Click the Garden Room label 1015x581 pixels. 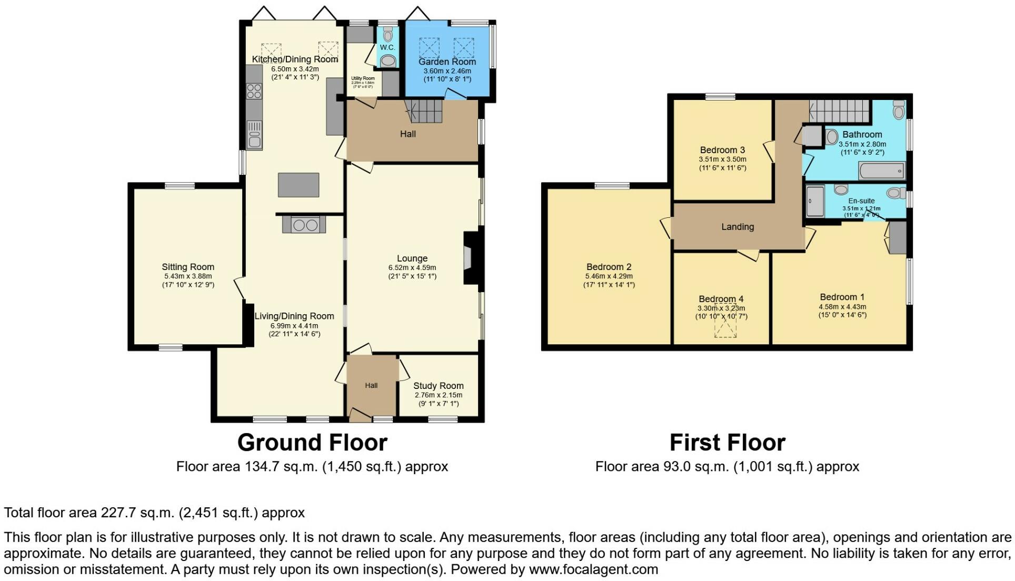pyautogui.click(x=447, y=62)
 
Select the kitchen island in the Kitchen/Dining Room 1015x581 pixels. pyautogui.click(x=298, y=185)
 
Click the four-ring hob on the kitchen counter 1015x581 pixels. pyautogui.click(x=254, y=91)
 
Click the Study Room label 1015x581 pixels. pyautogui.click(x=438, y=386)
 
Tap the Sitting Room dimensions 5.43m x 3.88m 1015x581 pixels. pyautogui.click(x=188, y=276)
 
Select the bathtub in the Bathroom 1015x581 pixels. pyautogui.click(x=882, y=171)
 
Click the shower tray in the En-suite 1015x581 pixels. pyautogui.click(x=814, y=201)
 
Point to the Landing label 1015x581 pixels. pyautogui.click(x=737, y=227)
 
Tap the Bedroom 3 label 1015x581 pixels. pyautogui.click(x=722, y=150)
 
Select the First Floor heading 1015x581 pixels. pyautogui.click(x=727, y=443)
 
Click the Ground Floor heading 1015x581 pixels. pyautogui.click(x=312, y=443)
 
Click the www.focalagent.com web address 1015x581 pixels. pyautogui.click(x=593, y=569)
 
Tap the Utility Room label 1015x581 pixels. pyautogui.click(x=363, y=78)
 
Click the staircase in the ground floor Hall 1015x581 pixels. pyautogui.click(x=424, y=112)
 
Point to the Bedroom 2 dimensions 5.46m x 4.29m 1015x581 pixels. pyautogui.click(x=609, y=276)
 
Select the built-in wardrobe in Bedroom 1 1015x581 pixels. pyautogui.click(x=898, y=238)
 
